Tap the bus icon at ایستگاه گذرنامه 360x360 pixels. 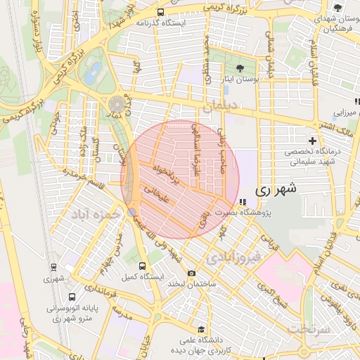pyautogui.click(x=161, y=12)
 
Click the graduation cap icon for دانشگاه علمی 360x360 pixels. pyautogui.click(x=201, y=329)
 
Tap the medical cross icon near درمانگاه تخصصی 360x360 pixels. pyautogui.click(x=312, y=141)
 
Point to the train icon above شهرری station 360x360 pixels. pyautogui.click(x=53, y=266)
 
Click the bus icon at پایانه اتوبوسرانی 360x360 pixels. pyautogui.click(x=53, y=295)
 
